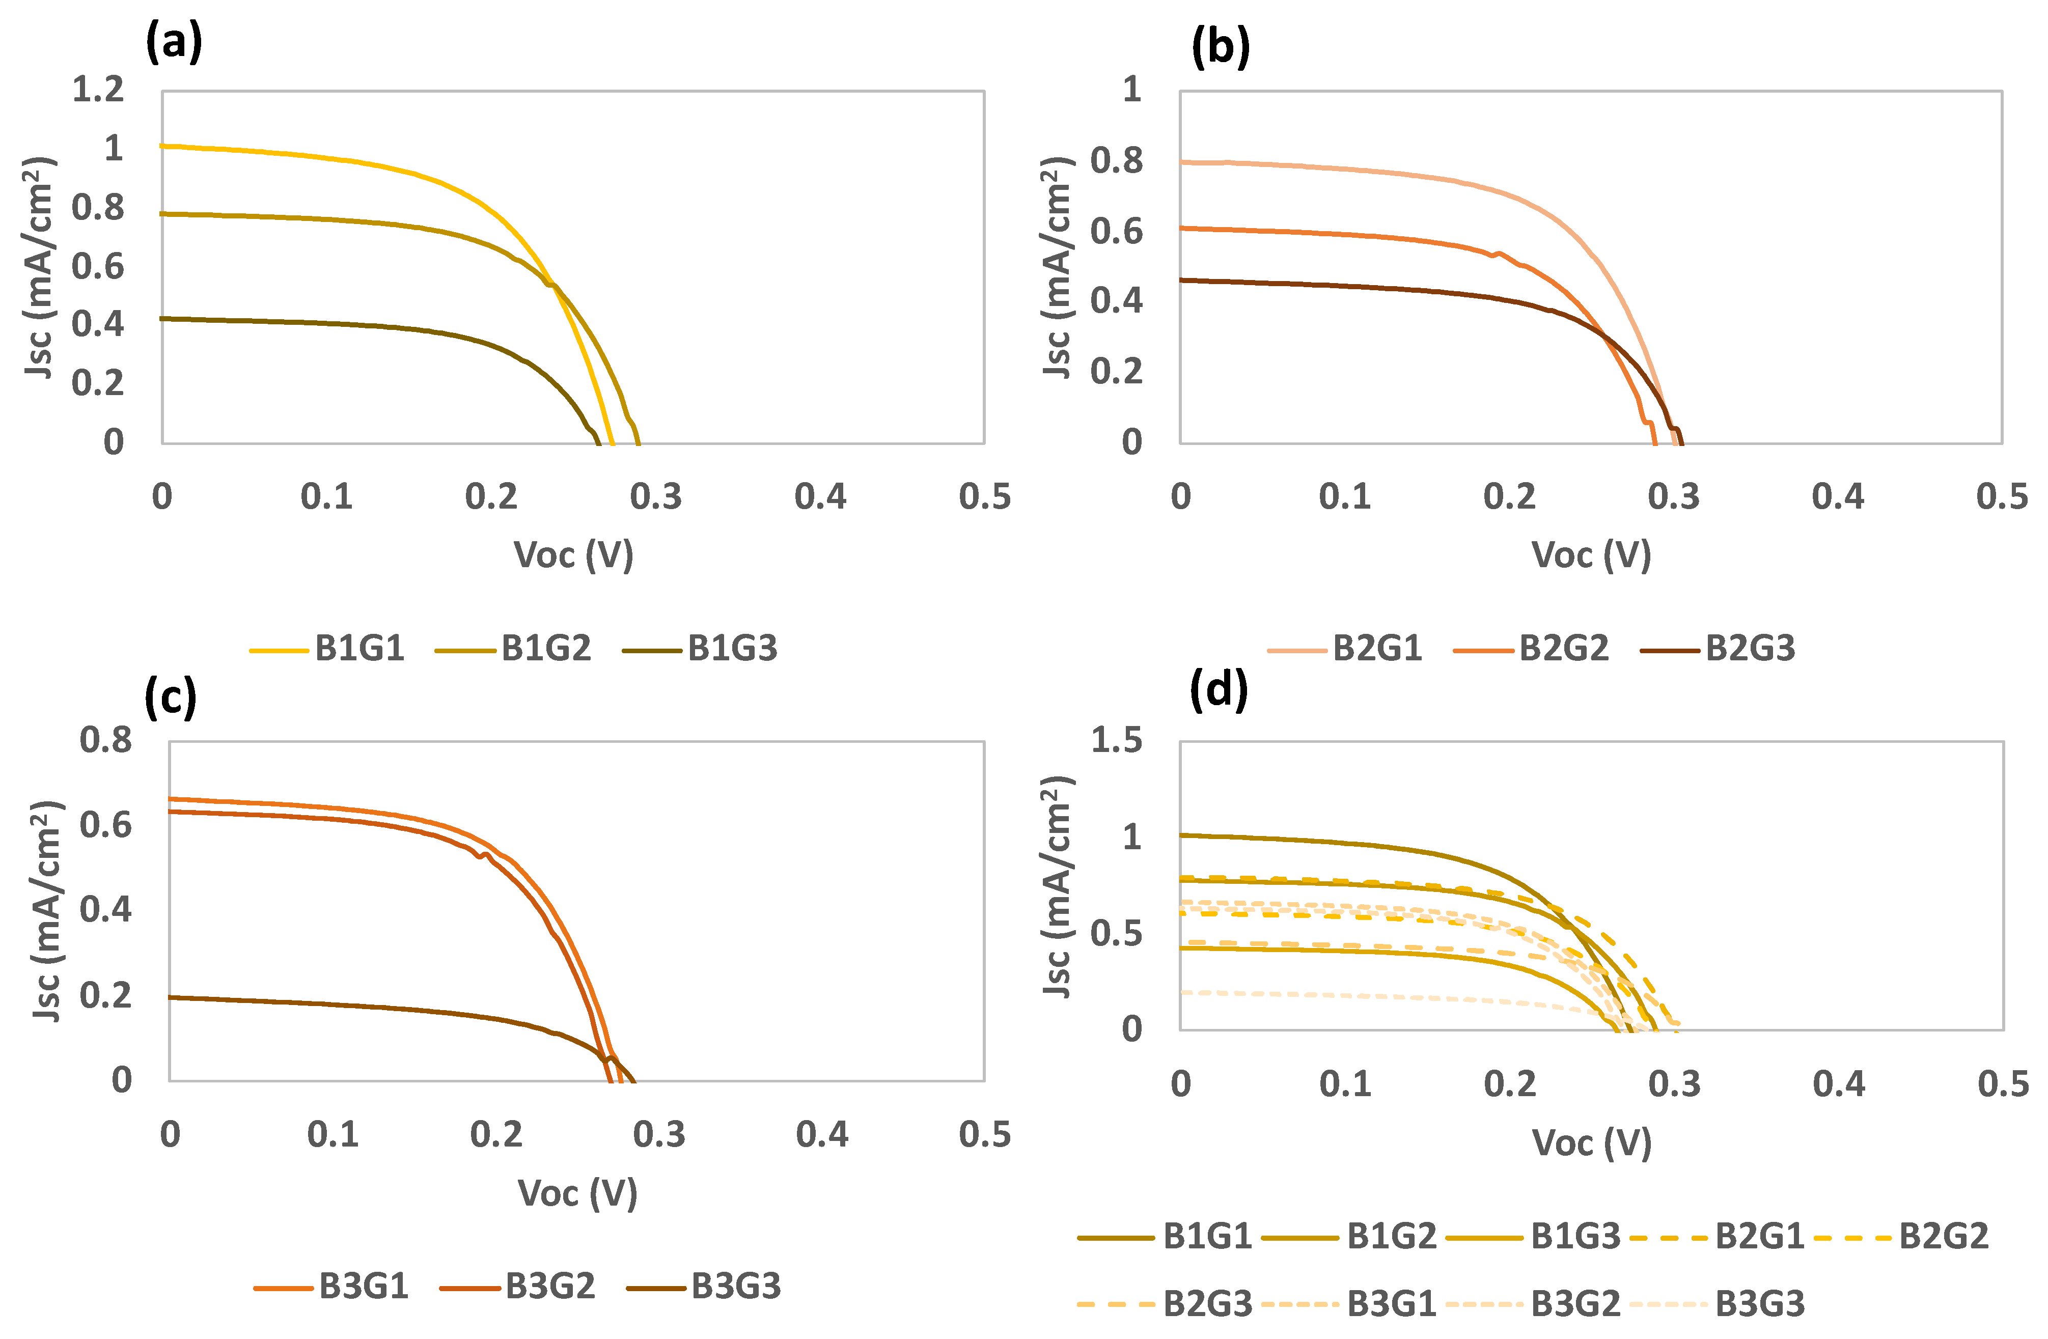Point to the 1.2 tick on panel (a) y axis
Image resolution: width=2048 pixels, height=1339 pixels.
(98, 90)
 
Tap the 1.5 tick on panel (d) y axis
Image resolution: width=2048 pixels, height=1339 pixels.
(1116, 740)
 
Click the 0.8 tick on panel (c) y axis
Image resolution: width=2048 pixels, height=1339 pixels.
(106, 740)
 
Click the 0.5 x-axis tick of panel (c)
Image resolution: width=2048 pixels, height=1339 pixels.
(984, 1134)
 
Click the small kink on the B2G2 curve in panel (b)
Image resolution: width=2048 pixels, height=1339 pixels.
(1497, 254)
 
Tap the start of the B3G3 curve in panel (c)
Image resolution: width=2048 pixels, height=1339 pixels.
(171, 997)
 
